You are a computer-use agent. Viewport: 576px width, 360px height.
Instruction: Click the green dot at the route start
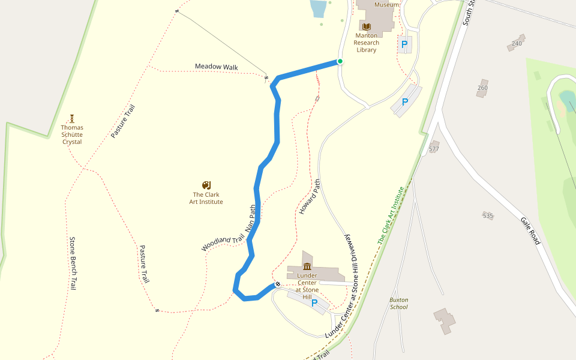click(x=340, y=61)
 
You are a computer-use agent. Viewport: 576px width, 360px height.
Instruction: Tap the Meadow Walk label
click(x=217, y=67)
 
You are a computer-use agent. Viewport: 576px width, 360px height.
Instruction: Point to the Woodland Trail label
click(x=223, y=243)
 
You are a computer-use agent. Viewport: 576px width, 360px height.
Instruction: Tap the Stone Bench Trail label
click(x=73, y=264)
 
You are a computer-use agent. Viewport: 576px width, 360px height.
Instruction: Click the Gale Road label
click(x=530, y=231)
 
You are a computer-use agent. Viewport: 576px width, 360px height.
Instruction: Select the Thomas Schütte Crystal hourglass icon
click(x=72, y=118)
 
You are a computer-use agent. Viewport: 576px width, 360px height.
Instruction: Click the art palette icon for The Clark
click(x=206, y=185)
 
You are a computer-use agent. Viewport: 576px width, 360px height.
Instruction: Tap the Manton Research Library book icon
click(x=366, y=26)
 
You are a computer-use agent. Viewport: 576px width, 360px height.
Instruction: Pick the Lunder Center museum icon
click(x=307, y=266)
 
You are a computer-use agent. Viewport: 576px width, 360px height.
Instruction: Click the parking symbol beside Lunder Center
click(x=314, y=304)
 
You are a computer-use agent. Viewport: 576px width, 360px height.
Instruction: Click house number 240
click(x=517, y=44)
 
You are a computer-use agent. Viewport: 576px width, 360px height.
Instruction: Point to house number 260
click(x=482, y=88)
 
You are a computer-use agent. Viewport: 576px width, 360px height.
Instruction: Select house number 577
click(x=434, y=149)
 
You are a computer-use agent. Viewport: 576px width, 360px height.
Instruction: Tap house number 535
click(x=488, y=215)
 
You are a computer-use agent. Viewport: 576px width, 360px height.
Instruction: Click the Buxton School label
click(x=398, y=303)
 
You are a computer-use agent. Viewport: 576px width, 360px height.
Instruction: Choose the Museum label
click(x=386, y=5)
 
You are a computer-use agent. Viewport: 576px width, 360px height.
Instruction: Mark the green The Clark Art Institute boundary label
click(x=391, y=215)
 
